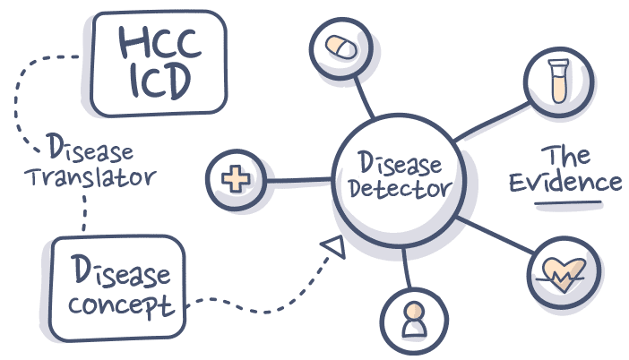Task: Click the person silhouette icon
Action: [412, 318]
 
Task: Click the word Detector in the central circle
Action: [400, 191]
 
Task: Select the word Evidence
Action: [565, 182]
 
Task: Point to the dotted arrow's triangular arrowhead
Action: [336, 245]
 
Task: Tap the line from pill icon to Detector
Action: [361, 98]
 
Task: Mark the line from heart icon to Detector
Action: [497, 234]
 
